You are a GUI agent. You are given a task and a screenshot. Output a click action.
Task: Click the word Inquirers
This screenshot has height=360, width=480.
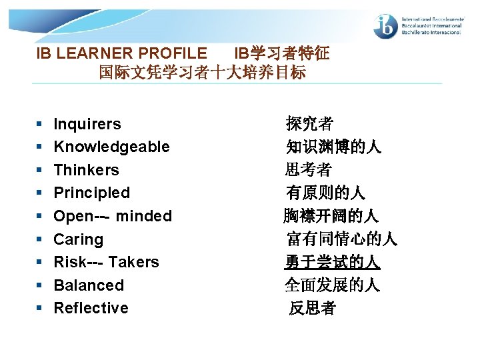[87, 124]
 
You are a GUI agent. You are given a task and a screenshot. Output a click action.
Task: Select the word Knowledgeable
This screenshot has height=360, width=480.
[111, 147]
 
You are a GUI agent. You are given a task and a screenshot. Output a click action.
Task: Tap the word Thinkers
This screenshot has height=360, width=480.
[86, 170]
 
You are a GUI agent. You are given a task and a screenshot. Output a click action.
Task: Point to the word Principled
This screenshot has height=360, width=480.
[91, 193]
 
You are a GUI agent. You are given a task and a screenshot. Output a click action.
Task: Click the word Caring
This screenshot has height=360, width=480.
[78, 239]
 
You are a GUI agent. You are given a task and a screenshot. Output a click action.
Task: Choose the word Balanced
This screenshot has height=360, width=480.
[89, 285]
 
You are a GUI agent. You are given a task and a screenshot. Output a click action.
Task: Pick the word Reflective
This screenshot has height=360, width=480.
[91, 308]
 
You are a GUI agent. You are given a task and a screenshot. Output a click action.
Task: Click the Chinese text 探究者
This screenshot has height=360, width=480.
[309, 124]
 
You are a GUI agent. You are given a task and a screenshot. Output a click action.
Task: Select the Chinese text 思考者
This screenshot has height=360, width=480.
[308, 170]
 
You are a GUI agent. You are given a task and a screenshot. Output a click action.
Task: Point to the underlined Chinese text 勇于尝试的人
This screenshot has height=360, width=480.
[332, 262]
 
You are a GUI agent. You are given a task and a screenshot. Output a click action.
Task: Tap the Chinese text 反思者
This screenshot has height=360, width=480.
[312, 308]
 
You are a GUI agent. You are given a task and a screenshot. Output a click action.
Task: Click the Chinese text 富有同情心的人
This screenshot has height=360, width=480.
[341, 239]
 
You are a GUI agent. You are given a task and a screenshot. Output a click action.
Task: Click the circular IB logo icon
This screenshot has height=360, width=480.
[386, 25]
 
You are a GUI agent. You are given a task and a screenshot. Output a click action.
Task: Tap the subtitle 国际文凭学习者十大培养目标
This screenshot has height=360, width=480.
[202, 72]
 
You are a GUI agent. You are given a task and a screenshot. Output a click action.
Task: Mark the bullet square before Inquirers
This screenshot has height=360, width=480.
[40, 125]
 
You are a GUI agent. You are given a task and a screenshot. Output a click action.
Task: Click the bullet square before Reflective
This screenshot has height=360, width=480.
[40, 309]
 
